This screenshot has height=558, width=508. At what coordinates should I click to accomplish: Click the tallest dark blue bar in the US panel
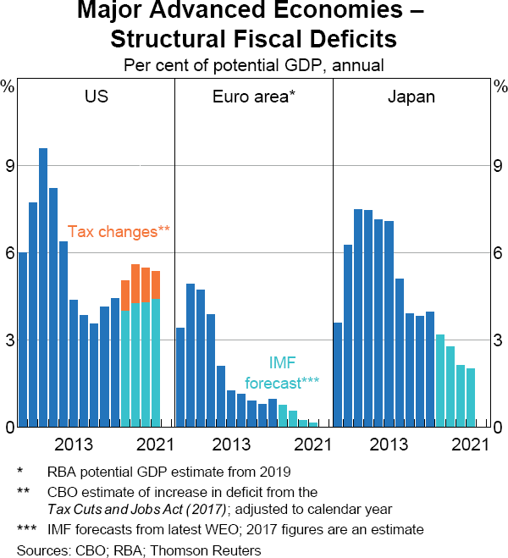click(43, 288)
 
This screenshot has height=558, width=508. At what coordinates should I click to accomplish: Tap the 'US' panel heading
click(96, 97)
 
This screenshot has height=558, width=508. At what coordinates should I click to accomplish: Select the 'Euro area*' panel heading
click(253, 97)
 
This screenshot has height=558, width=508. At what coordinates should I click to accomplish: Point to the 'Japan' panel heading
click(411, 97)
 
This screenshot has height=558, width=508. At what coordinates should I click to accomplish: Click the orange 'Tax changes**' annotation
click(119, 230)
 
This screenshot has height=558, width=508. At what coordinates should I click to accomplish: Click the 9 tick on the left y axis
click(9, 166)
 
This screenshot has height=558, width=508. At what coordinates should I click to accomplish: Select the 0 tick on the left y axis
click(9, 428)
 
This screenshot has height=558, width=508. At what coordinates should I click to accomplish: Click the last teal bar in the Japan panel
click(471, 397)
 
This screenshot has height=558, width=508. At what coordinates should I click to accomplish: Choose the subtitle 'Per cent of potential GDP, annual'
click(253, 64)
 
